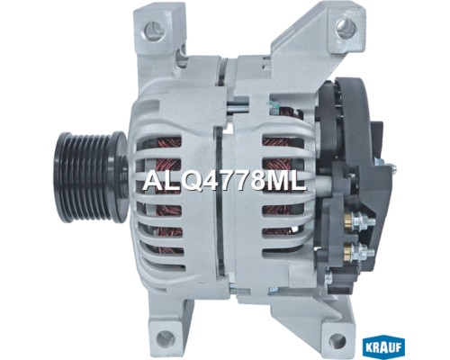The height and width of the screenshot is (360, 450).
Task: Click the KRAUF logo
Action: click(x=383, y=348)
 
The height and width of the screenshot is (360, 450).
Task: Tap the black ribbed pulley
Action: click(x=90, y=177)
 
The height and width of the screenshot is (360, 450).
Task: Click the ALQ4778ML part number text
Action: click(x=225, y=182)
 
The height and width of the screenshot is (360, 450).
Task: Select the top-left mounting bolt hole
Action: click(x=153, y=29)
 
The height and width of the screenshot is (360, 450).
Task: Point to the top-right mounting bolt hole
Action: click(x=346, y=28)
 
